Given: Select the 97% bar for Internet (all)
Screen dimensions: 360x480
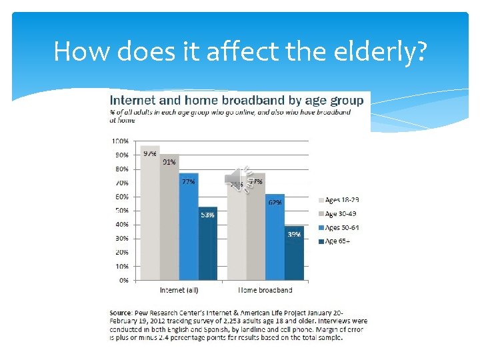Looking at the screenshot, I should coord(150,213).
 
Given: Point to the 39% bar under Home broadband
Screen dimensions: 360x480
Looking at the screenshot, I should coord(294,253).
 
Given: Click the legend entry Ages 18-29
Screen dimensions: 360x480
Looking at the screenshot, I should coord(341,199).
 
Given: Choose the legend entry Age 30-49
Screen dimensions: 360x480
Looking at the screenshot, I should coord(341,213).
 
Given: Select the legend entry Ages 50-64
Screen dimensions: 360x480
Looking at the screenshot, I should coord(341,227).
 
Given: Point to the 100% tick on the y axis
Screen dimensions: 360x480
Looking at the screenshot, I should coord(121,141).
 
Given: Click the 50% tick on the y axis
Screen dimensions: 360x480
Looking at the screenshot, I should coord(121,211).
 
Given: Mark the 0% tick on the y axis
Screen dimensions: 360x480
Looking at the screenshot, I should coord(123,281).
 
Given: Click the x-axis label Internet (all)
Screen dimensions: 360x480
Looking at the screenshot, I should coord(179,291).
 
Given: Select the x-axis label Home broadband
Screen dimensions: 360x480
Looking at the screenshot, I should coord(265,291).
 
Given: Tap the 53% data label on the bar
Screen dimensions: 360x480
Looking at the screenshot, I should coord(207,215).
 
